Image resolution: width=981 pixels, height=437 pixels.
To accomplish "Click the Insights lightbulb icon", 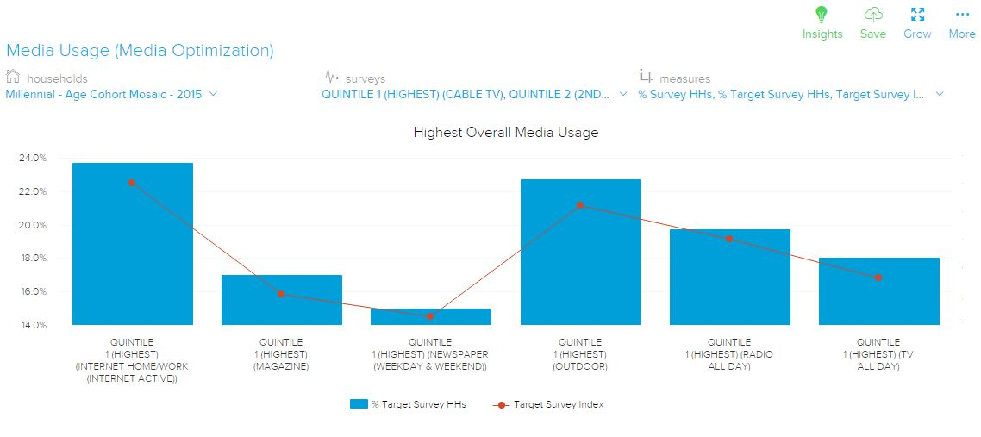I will click(x=822, y=16).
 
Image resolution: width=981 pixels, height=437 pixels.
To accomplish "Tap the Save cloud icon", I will click(x=872, y=16).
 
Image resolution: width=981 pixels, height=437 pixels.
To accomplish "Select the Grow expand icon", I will click(x=917, y=16).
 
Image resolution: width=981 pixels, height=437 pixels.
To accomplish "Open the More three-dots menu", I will click(x=962, y=16).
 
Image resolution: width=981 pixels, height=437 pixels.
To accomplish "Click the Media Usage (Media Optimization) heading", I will click(x=140, y=51).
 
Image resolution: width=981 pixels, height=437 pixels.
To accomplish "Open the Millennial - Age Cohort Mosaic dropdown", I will click(x=111, y=94).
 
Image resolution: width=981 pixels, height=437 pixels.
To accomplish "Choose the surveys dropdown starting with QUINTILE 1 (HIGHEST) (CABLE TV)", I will click(x=474, y=94).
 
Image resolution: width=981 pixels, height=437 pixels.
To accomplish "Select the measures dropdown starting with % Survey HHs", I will click(x=790, y=94).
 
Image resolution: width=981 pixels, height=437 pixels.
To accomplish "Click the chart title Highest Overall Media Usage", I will click(x=505, y=133).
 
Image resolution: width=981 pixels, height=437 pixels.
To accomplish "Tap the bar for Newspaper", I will click(x=431, y=317).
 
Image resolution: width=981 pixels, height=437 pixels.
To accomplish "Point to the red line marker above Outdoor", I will click(x=580, y=205).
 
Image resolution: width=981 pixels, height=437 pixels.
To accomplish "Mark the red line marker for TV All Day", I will click(x=878, y=278).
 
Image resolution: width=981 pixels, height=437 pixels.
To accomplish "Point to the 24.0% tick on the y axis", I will click(x=32, y=159).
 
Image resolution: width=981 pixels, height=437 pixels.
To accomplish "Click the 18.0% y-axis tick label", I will click(x=32, y=259).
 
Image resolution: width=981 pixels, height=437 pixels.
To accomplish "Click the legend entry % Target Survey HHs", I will click(x=408, y=405).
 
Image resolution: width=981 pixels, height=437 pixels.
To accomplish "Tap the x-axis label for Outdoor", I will click(x=580, y=354).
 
